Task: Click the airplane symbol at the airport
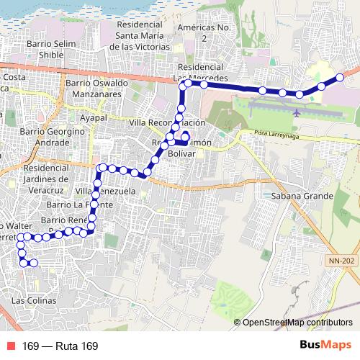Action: [297, 112]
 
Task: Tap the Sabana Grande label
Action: [302, 195]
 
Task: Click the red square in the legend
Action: [10, 346]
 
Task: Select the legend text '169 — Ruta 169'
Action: [60, 346]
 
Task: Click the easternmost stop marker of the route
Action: [340, 77]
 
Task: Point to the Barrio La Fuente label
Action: [103, 206]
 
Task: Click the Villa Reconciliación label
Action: [167, 123]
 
